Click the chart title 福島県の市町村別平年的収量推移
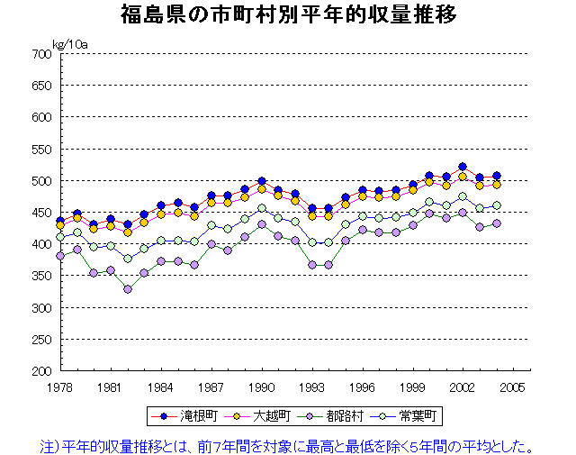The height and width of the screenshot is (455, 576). click(288, 15)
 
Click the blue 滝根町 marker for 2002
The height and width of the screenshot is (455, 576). click(463, 167)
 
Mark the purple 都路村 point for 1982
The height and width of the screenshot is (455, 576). click(128, 289)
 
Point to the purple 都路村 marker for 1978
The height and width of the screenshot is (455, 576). click(60, 256)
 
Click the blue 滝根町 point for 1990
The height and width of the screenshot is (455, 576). click(262, 181)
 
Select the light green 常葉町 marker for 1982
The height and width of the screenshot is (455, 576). click(128, 259)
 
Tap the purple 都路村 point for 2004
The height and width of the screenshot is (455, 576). click(497, 223)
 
